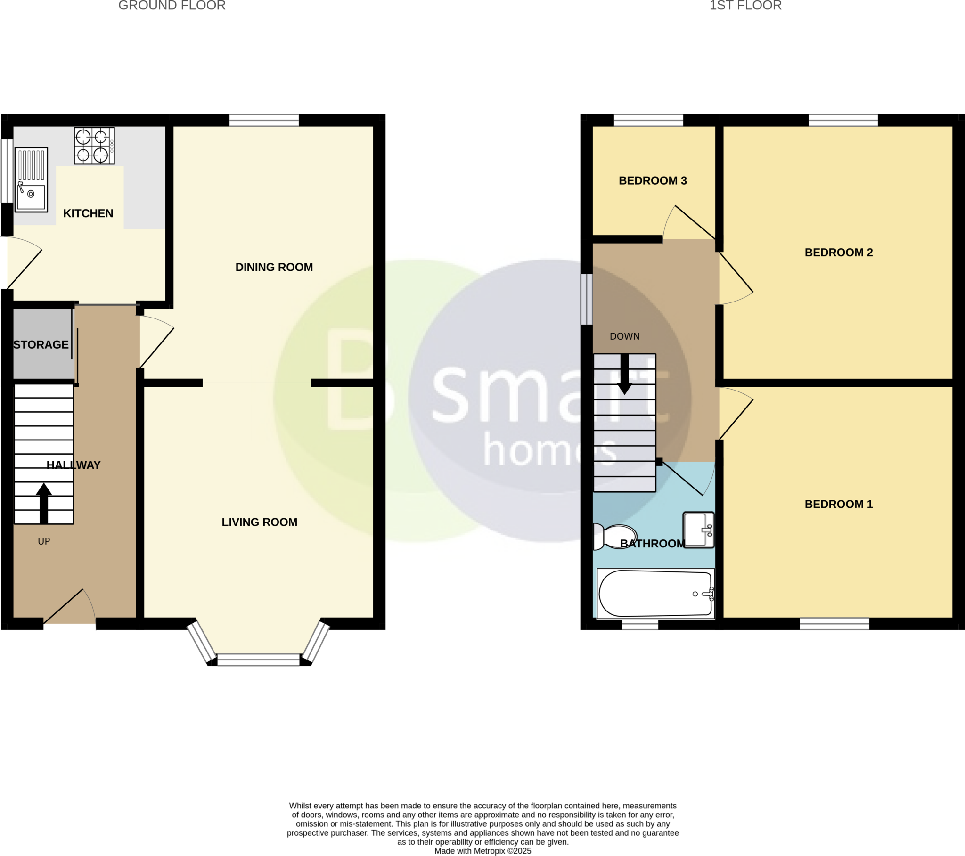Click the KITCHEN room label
(x=88, y=213)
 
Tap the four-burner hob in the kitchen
(x=94, y=146)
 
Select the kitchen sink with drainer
(x=31, y=179)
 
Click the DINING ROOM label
(x=274, y=267)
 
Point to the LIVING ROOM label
(x=259, y=522)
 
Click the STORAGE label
(x=41, y=345)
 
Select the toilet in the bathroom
(x=614, y=537)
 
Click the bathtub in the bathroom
(x=655, y=594)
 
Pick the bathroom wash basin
(x=698, y=530)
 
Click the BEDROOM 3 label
(x=653, y=181)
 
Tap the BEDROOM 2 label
(x=838, y=253)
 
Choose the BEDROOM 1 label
(x=838, y=504)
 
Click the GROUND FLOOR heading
(x=172, y=6)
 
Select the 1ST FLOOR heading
(x=745, y=6)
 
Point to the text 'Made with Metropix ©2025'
(x=482, y=851)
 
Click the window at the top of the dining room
(x=264, y=121)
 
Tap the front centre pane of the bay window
(x=258, y=660)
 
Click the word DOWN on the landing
(x=624, y=337)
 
